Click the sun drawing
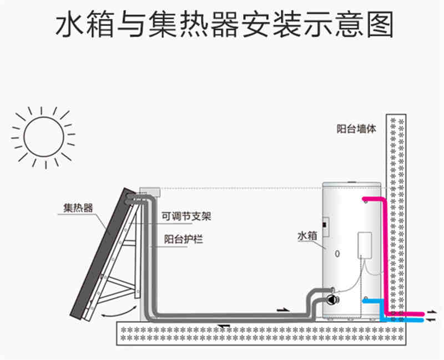[43, 136]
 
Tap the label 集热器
[78, 209]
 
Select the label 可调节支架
[186, 217]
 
